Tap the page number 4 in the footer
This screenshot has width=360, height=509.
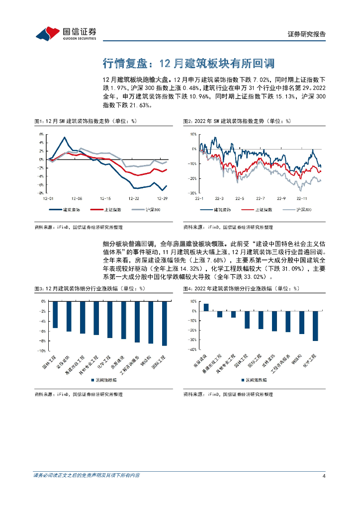pos(324,476)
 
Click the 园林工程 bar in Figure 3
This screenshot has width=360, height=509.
pos(55,314)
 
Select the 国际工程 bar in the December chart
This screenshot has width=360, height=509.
pos(164,323)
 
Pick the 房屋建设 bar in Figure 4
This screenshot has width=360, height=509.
pos(206,307)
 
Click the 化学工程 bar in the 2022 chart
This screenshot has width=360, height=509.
pos(315,326)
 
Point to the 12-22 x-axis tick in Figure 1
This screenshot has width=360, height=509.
pos(133,198)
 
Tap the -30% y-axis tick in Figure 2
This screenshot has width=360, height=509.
pos(193,193)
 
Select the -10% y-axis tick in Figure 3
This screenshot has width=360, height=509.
pos(42,350)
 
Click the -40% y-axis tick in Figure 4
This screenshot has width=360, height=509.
pos(192,349)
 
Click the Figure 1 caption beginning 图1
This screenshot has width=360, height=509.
pos(85,121)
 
